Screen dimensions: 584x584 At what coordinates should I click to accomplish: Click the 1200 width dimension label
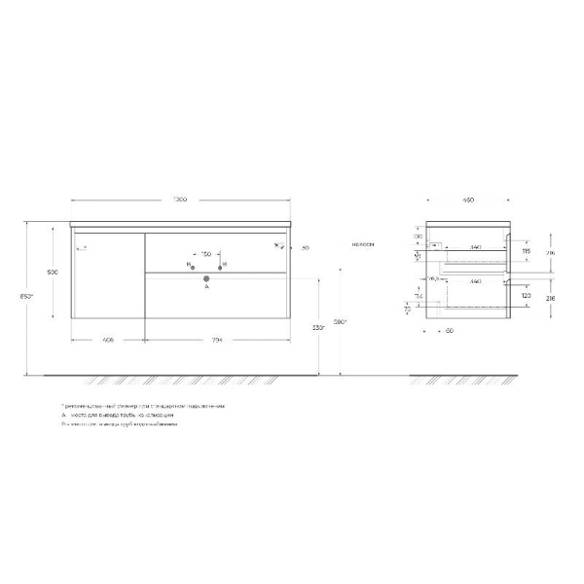coord(180,200)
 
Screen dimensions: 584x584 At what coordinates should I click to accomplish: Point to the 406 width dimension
coord(108,341)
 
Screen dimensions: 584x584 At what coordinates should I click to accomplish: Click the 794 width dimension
coord(218,341)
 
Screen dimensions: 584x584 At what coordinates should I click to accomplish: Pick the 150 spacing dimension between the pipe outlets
coord(206,256)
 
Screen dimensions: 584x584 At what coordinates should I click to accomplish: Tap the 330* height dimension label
coord(317,327)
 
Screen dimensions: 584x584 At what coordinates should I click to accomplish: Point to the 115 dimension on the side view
coord(526,251)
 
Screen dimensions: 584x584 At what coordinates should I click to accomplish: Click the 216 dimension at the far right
coord(551,300)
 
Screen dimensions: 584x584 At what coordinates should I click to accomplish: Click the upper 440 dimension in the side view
coord(474,247)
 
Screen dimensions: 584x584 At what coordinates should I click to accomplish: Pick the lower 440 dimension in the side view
coord(474,281)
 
